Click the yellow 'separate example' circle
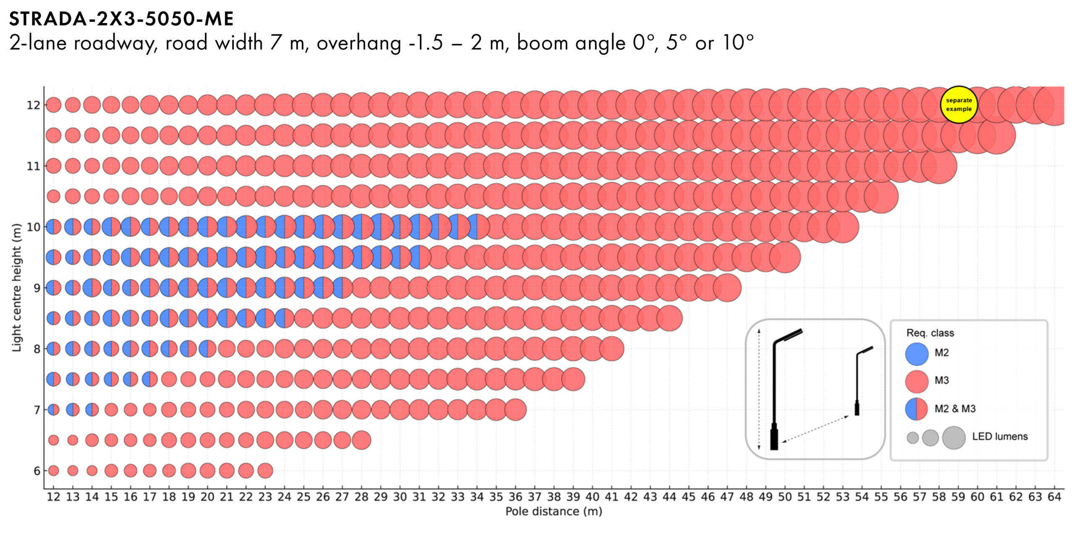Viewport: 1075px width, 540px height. (959, 105)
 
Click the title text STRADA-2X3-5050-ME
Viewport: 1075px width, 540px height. (121, 19)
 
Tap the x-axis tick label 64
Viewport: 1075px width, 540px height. (1054, 497)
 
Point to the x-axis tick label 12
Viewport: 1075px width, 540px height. (53, 497)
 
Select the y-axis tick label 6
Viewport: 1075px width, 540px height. (37, 471)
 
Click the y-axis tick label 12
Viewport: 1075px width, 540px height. (34, 105)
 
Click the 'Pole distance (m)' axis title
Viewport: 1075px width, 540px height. (553, 511)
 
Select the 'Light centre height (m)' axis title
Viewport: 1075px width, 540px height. (16, 288)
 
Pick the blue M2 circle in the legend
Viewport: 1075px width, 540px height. (917, 354)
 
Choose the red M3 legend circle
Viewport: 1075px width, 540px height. (917, 381)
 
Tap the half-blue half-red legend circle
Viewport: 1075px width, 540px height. (917, 409)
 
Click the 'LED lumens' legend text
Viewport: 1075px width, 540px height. (1000, 437)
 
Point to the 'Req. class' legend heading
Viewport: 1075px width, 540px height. (930, 333)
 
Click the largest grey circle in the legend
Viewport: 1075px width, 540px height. (954, 438)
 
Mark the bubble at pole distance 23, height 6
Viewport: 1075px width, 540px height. (265, 471)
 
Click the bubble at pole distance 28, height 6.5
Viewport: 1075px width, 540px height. (361, 440)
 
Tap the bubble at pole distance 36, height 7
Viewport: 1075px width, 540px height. (515, 409)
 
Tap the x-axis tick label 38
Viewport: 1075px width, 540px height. (554, 497)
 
